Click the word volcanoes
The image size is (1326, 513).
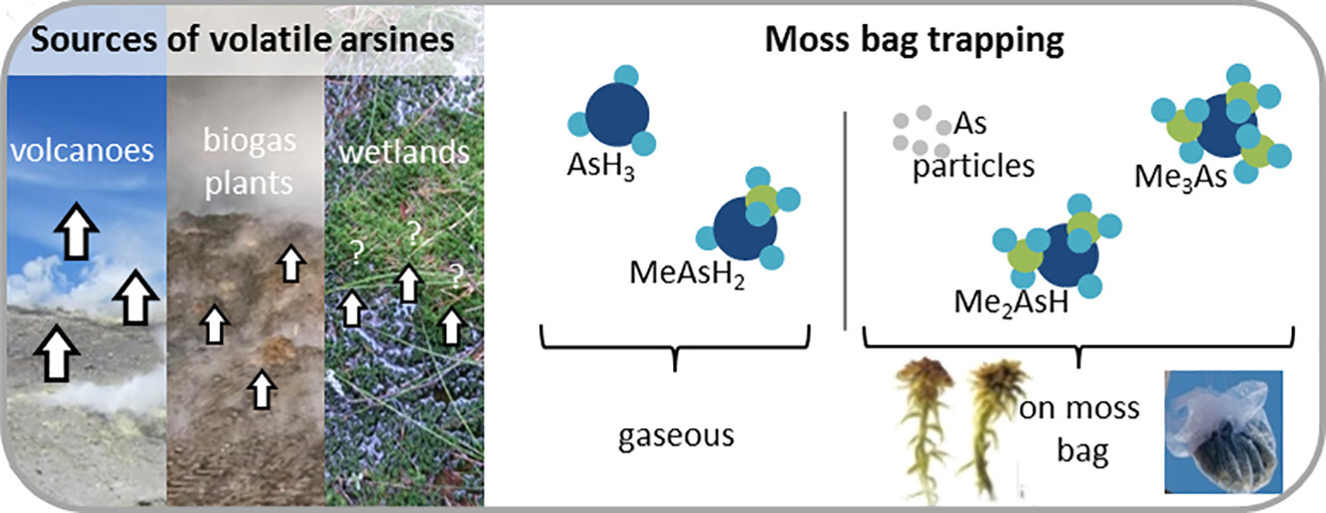click(82, 151)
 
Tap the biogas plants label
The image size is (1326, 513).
click(250, 162)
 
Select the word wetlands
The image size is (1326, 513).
click(404, 152)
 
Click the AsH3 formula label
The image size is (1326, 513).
click(601, 165)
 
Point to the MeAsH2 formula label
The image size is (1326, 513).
click(687, 273)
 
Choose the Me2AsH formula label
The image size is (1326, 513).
click(1011, 301)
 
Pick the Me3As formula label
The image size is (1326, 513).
click(1180, 177)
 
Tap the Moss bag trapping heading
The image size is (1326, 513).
click(914, 40)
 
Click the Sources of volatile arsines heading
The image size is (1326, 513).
click(243, 40)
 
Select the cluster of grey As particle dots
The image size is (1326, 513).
click(921, 132)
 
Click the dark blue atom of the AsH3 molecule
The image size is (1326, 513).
click(617, 114)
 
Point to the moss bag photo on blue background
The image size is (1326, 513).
click(1223, 432)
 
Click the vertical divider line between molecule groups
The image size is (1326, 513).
click(845, 221)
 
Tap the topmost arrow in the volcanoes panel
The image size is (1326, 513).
click(76, 231)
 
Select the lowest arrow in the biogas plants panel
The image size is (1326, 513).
click(262, 389)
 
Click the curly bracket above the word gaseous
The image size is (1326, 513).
click(675, 346)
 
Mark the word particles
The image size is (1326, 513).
click(974, 167)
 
